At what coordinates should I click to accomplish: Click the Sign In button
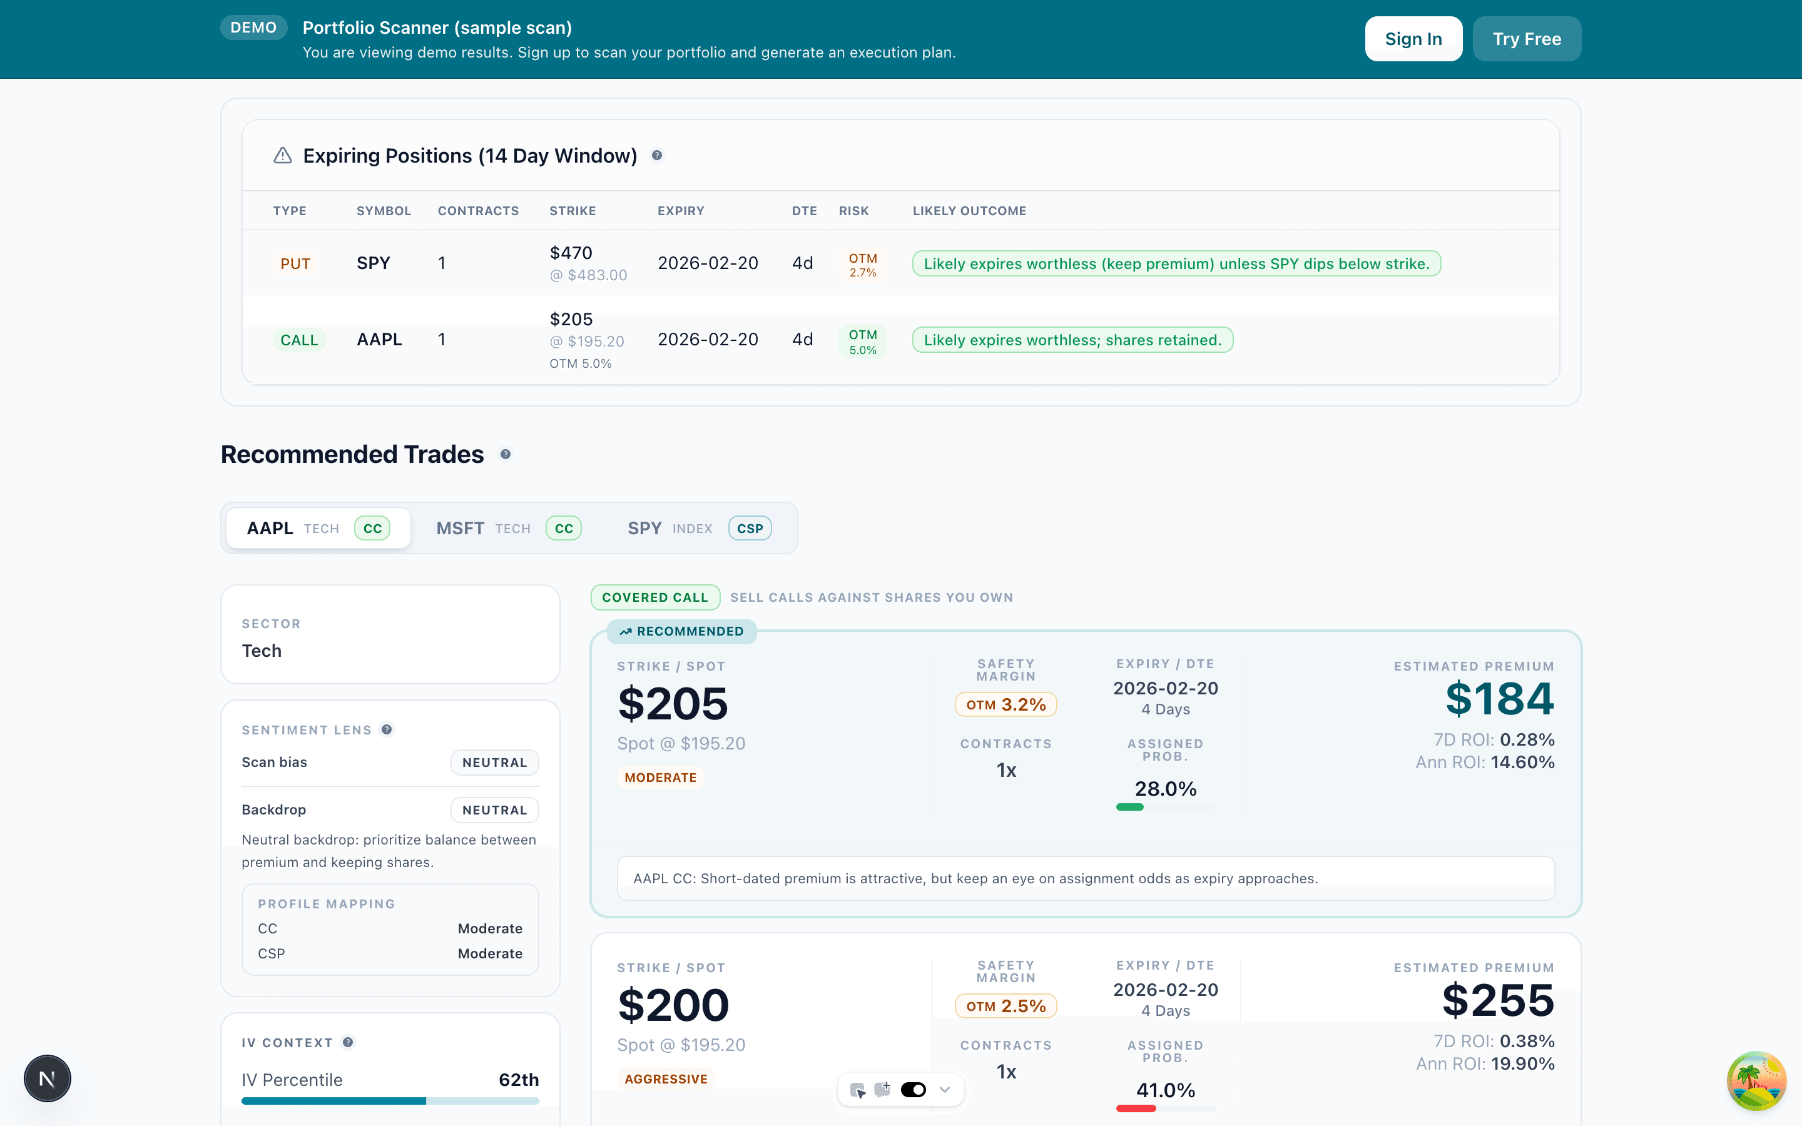pos(1413,39)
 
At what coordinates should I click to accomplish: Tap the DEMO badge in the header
pos(253,28)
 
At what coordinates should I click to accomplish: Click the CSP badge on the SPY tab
pos(749,528)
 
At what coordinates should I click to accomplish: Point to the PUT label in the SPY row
pos(295,263)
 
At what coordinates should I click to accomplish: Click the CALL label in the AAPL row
pos(298,340)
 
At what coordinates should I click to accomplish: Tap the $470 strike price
pos(571,253)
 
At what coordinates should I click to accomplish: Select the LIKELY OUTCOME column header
pos(969,211)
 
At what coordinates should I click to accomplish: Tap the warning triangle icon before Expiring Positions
pos(282,156)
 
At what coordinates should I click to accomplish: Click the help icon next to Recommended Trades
pos(506,454)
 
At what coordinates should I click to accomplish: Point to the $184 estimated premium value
pos(1499,699)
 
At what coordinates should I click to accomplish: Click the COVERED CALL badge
pos(654,597)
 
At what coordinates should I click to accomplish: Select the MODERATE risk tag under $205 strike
pos(659,778)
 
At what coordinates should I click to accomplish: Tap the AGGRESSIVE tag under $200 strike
pos(665,1078)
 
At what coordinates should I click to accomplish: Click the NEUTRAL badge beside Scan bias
pos(494,763)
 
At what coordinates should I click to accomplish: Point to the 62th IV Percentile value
pos(518,1080)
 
